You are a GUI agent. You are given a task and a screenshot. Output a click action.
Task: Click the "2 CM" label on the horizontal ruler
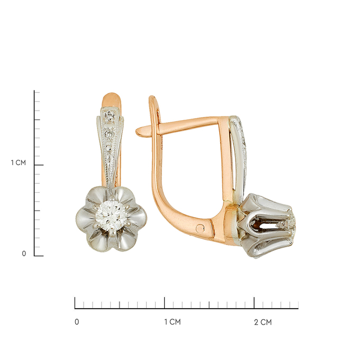pyautogui.click(x=263, y=322)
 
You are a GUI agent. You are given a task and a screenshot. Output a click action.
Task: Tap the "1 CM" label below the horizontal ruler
pyautogui.click(x=173, y=322)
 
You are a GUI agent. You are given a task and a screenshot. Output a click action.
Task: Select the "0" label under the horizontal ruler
pyautogui.click(x=77, y=322)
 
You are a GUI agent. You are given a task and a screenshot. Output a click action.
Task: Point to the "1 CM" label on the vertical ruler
pyautogui.click(x=19, y=163)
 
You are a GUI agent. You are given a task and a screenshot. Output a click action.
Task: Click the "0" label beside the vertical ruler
pyautogui.click(x=24, y=254)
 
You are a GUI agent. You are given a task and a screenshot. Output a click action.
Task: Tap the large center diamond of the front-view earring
pyautogui.click(x=111, y=214)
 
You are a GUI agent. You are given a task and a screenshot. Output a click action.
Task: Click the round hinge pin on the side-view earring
pyautogui.click(x=200, y=229)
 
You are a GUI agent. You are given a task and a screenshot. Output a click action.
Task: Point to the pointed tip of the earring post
pyautogui.click(x=137, y=132)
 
